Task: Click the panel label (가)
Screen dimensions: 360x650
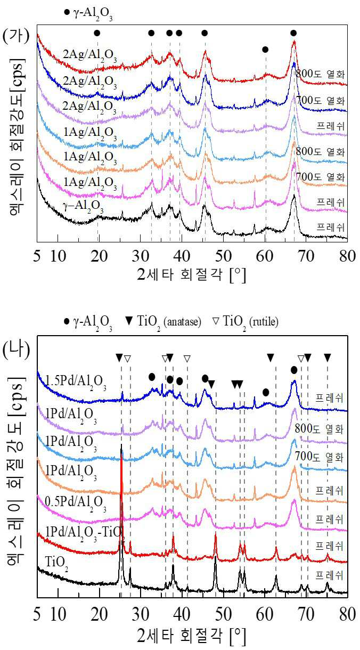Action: tap(16, 36)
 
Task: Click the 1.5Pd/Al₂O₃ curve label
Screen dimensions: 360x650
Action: tap(76, 382)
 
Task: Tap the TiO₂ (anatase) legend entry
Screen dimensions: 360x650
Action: tap(163, 322)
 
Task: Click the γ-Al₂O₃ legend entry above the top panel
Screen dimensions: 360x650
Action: tap(88, 14)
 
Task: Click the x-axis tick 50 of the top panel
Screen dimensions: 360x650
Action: tap(223, 256)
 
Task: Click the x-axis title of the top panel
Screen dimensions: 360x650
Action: tap(192, 274)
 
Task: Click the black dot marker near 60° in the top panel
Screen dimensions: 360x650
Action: tap(265, 50)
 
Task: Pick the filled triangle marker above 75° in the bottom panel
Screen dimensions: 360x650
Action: tap(328, 358)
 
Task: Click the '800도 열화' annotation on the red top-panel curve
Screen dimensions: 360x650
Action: tap(320, 74)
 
